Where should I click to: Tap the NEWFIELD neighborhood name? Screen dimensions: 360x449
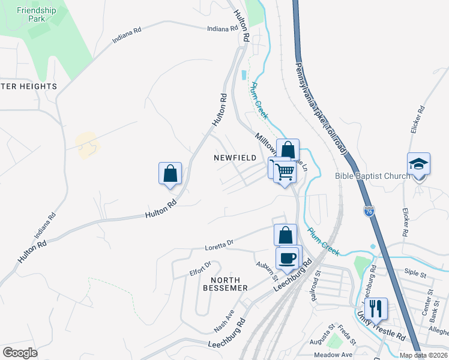point(235,158)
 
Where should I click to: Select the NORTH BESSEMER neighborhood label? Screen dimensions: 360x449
point(229,284)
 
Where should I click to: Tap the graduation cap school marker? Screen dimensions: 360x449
point(418,165)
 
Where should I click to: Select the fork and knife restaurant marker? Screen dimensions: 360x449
point(376,308)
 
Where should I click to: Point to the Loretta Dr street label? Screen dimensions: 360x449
point(219,244)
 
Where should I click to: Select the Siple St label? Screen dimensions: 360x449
point(415,274)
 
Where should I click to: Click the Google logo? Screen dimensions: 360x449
point(20,353)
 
